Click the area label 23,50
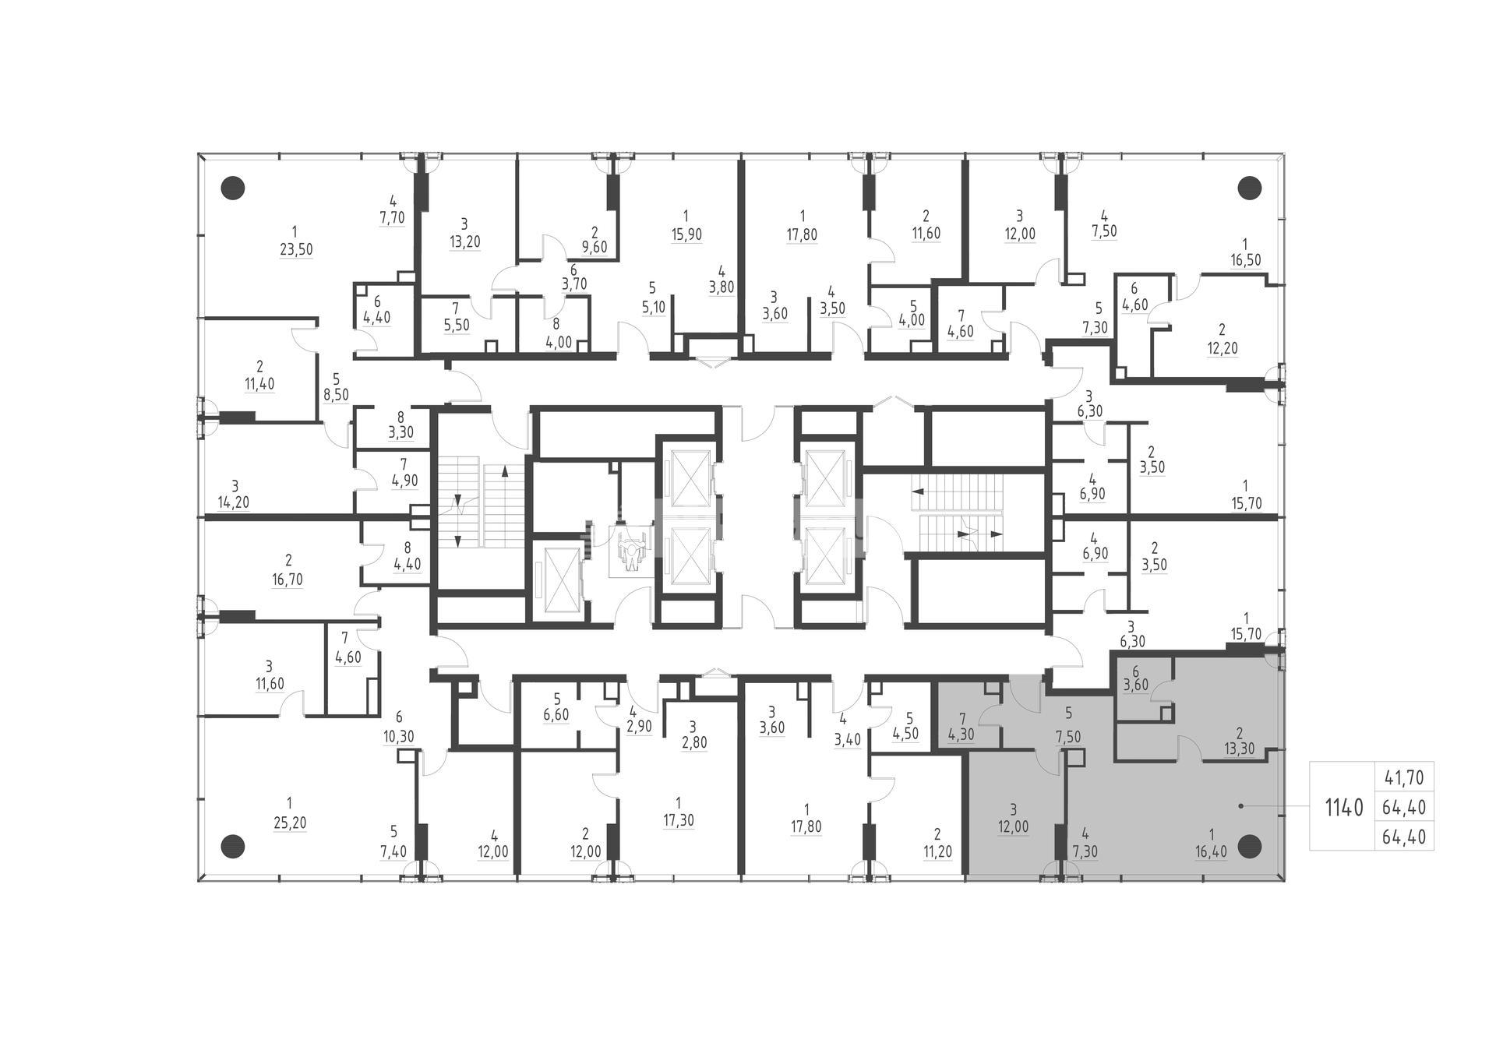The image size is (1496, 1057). pyautogui.click(x=294, y=249)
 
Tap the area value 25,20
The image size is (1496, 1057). pyautogui.click(x=290, y=823)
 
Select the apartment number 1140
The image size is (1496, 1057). pyautogui.click(x=1345, y=808)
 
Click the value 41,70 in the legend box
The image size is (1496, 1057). pyautogui.click(x=1404, y=777)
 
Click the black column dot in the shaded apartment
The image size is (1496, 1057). pyautogui.click(x=1250, y=845)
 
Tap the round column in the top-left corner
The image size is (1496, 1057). pyautogui.click(x=233, y=188)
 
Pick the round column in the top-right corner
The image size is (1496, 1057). pyautogui.click(x=1250, y=188)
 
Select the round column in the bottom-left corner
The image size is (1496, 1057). pyautogui.click(x=233, y=845)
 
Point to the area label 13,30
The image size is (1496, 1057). pyautogui.click(x=1239, y=749)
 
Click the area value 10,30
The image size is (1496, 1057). pyautogui.click(x=400, y=736)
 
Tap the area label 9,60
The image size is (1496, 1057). pyautogui.click(x=595, y=248)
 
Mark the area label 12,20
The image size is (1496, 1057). pyautogui.click(x=1222, y=348)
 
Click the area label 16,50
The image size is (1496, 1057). pyautogui.click(x=1245, y=260)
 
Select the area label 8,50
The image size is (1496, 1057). pyautogui.click(x=337, y=395)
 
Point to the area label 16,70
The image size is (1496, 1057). pyautogui.click(x=288, y=580)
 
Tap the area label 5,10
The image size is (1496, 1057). pyautogui.click(x=653, y=307)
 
